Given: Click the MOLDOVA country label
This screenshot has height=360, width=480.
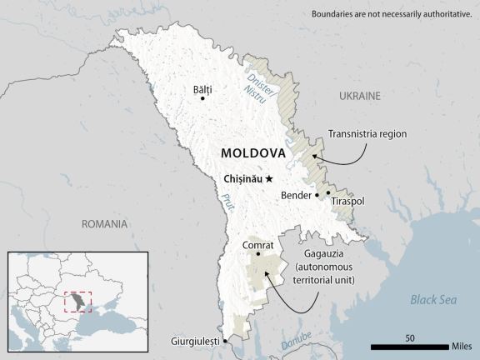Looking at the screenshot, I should (252, 154).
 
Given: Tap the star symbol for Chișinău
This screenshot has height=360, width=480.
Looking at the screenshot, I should (269, 179).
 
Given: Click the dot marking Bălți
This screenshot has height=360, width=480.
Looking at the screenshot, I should (202, 98).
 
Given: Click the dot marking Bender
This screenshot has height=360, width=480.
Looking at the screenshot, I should (317, 196).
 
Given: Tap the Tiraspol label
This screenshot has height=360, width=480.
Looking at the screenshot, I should (347, 202).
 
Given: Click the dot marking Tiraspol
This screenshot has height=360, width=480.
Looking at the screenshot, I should (328, 192).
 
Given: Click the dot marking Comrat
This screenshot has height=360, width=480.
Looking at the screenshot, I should (258, 255).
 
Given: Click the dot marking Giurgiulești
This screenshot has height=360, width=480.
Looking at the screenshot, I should (225, 340).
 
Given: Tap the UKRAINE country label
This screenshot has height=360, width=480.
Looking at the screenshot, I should (360, 97).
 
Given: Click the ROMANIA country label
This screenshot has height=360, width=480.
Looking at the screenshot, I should (105, 224).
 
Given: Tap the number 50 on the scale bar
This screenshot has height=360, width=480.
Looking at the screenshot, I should (410, 337).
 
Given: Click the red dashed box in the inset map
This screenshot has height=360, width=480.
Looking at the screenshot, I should (77, 301).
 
